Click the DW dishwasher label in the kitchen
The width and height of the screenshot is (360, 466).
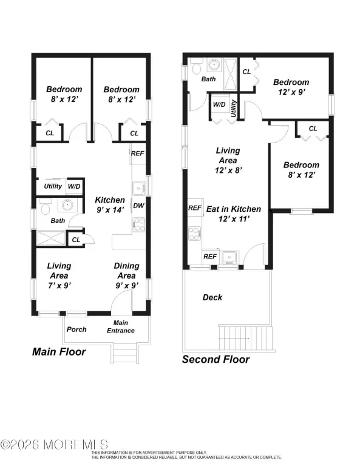pos(138,206)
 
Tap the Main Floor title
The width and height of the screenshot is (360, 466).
pos(59,352)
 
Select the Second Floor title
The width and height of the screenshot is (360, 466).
pos(216,359)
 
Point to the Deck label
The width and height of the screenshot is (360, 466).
pos(212,297)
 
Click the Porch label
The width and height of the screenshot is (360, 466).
pos(76,329)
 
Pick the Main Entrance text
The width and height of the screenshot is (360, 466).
pos(121,326)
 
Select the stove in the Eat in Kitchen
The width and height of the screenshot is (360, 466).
pos(194,233)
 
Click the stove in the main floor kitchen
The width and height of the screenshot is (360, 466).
pos(139,225)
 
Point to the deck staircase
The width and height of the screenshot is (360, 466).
pos(245,338)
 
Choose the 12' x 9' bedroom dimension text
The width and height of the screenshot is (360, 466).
pos(291,92)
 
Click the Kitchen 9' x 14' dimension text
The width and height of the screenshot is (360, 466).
pos(110,210)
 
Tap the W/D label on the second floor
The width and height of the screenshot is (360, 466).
pos(219,104)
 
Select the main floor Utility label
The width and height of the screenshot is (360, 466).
pos(53,186)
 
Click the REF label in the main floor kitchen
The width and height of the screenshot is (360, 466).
pos(137,154)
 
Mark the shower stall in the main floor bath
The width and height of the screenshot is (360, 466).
pos(51,238)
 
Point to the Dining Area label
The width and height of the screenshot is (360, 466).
pos(127,271)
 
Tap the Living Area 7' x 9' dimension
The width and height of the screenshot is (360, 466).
pos(59,286)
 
